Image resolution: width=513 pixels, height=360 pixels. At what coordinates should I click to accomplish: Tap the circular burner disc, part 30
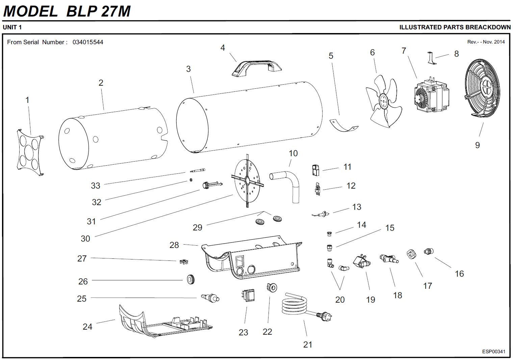click(248, 181)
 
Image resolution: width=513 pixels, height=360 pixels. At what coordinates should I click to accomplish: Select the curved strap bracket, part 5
click(343, 124)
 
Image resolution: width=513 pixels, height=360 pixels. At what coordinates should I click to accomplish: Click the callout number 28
click(174, 245)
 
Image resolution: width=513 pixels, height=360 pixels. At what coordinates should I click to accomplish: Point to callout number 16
click(459, 274)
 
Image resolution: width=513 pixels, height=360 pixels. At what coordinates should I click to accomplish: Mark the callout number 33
click(96, 186)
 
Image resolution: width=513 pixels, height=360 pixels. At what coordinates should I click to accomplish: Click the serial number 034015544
click(88, 42)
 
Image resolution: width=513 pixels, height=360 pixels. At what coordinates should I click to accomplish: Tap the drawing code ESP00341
click(494, 352)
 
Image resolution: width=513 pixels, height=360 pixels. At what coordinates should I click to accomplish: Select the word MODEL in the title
click(30, 11)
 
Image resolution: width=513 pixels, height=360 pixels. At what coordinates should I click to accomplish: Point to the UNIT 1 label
click(12, 27)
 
